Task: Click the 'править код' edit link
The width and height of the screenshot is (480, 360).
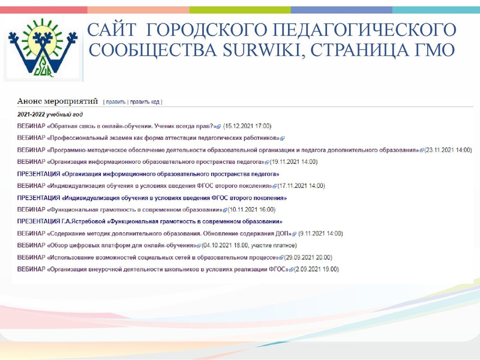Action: coord(146,102)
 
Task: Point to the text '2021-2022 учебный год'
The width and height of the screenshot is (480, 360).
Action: coord(50,114)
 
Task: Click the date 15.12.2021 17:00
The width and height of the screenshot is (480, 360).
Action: coord(247,127)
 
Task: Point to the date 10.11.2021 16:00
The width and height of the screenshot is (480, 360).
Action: coord(251,210)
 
